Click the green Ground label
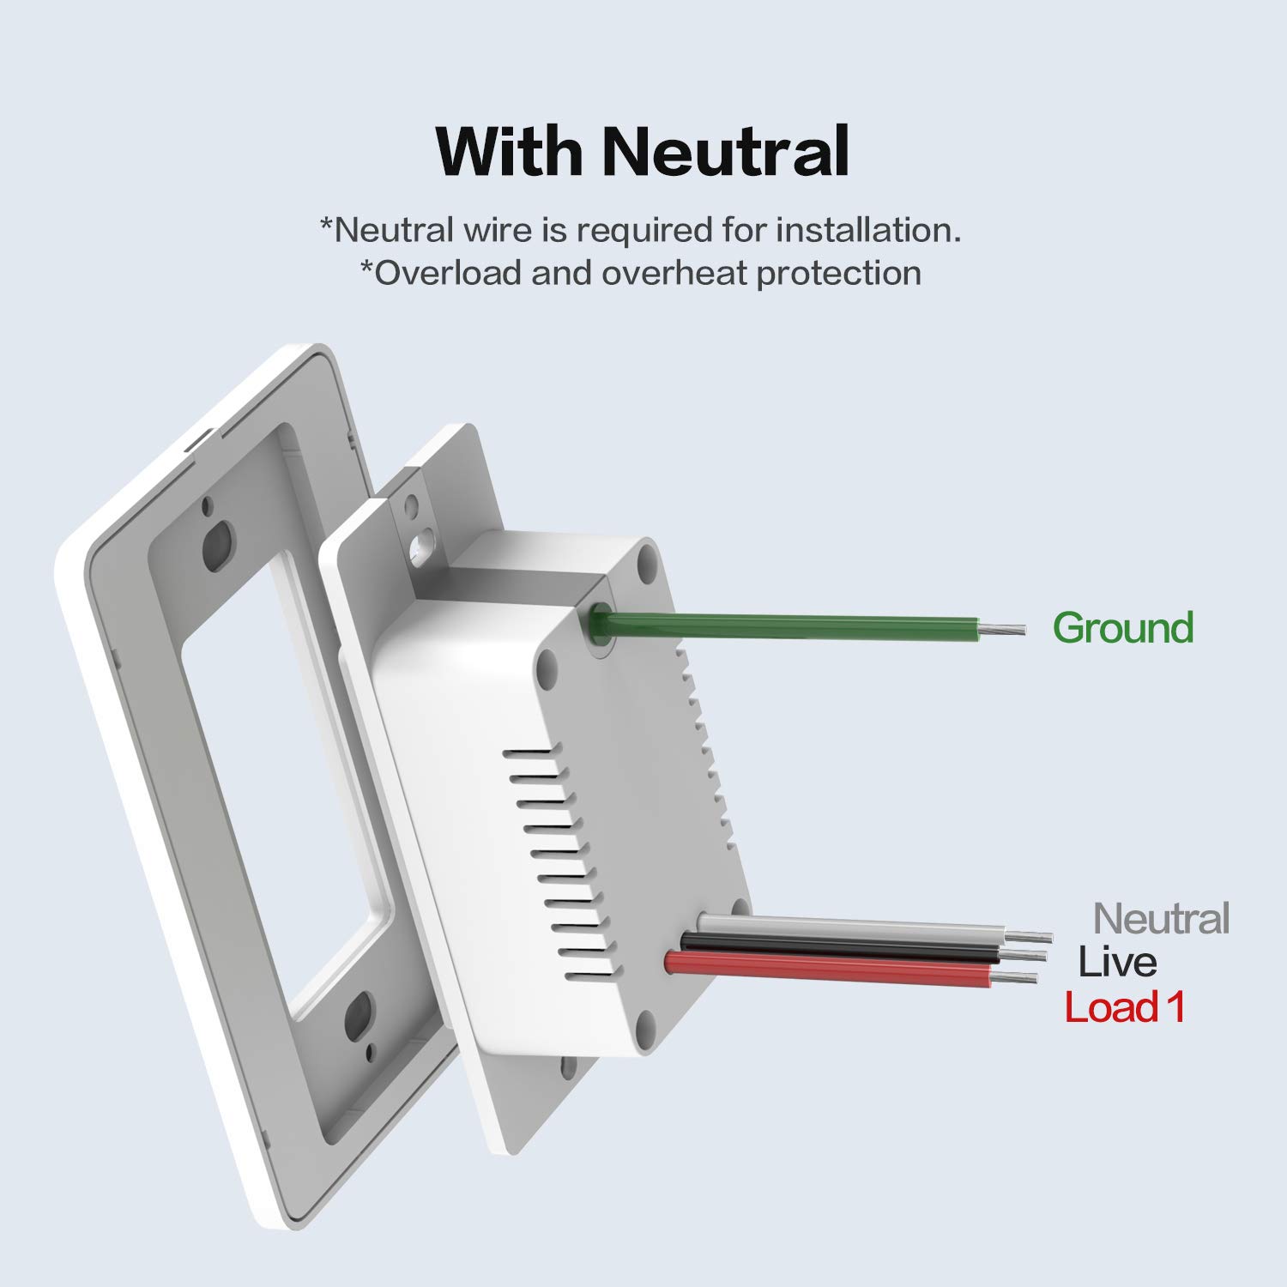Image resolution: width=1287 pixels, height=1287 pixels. pyautogui.click(x=1123, y=627)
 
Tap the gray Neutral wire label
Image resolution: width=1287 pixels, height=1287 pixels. pyautogui.click(x=1162, y=918)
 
